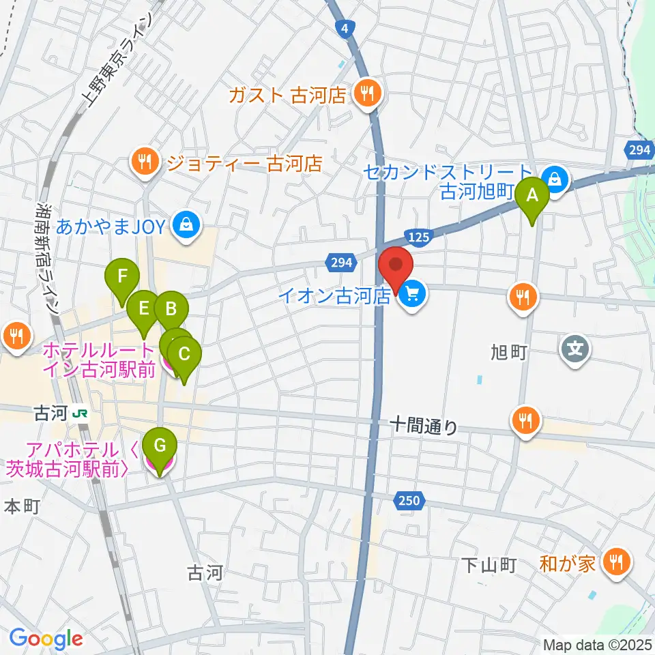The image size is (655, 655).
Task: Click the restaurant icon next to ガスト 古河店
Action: click(368, 94)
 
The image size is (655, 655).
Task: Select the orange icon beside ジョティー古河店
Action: click(144, 162)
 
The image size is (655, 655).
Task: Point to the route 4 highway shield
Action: click(347, 28)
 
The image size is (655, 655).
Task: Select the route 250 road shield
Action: click(409, 501)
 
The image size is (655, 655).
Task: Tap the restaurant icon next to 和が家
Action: click(618, 562)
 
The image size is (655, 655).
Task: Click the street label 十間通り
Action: click(424, 426)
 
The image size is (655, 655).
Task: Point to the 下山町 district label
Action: click(489, 564)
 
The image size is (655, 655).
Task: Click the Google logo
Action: click(46, 639)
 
